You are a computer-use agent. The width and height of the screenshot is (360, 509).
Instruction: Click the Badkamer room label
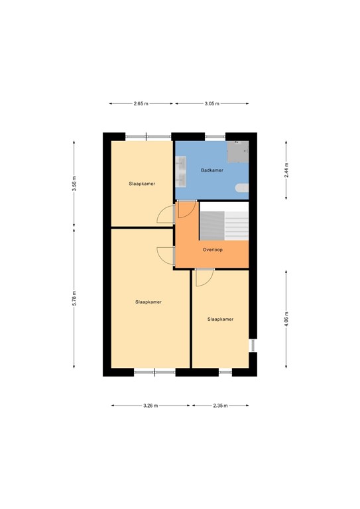click(x=212, y=170)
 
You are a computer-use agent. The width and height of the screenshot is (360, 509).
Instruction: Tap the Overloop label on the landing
click(x=213, y=250)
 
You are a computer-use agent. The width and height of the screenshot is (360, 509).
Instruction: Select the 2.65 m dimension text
click(x=141, y=104)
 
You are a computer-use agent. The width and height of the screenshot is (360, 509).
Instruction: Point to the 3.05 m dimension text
click(x=212, y=104)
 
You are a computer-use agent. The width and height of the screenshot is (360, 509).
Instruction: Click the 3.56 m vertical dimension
click(x=74, y=183)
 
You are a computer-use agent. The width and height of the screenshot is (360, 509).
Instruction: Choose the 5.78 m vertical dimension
click(x=74, y=300)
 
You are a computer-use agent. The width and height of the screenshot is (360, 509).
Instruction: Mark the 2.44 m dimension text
click(x=286, y=168)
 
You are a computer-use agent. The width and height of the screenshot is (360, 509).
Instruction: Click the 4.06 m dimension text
click(x=286, y=319)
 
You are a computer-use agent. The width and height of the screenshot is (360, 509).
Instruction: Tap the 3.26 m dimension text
click(x=150, y=406)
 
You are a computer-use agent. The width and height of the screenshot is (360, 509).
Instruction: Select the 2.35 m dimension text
click(x=220, y=406)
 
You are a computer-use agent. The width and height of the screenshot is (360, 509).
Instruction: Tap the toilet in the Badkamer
click(x=243, y=188)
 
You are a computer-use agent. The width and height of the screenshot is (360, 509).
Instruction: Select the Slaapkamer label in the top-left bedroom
click(x=142, y=184)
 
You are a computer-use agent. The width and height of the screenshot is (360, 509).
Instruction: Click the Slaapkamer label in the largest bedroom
click(x=149, y=302)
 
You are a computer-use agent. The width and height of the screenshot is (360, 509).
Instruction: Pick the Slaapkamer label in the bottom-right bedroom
click(x=220, y=319)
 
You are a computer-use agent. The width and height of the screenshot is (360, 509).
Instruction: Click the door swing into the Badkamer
click(x=186, y=210)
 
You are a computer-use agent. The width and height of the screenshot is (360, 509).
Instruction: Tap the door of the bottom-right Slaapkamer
click(x=204, y=276)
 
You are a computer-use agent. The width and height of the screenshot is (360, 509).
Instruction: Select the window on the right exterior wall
click(x=252, y=345)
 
